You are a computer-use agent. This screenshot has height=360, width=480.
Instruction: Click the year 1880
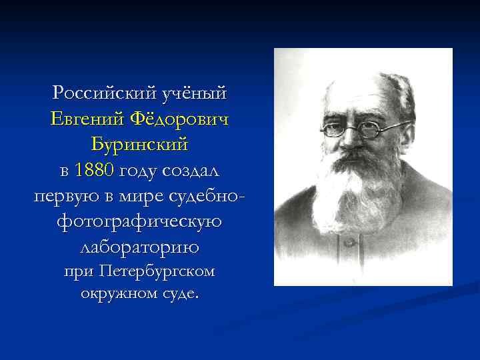pyautogui.click(x=95, y=171)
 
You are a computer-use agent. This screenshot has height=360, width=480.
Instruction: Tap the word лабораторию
pyautogui.click(x=140, y=248)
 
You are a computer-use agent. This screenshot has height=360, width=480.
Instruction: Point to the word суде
pyautogui.click(x=181, y=293)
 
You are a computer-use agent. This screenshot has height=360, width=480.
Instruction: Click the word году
pyautogui.click(x=141, y=171)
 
